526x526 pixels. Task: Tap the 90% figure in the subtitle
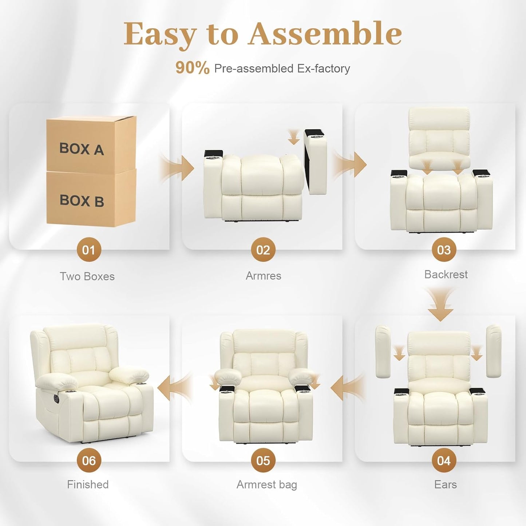[192, 68]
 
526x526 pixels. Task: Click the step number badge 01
[88, 250]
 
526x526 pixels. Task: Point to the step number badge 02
[263, 250]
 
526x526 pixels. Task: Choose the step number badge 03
[444, 250]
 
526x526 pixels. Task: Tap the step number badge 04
[444, 460]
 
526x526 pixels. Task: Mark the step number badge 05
[263, 460]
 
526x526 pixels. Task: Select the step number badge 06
[88, 460]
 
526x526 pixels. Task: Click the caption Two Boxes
[87, 276]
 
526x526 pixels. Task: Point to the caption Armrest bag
[266, 485]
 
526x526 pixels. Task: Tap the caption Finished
[88, 485]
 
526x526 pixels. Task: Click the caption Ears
[445, 485]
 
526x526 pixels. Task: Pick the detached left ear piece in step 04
[383, 351]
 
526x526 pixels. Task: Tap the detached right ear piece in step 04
[494, 351]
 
